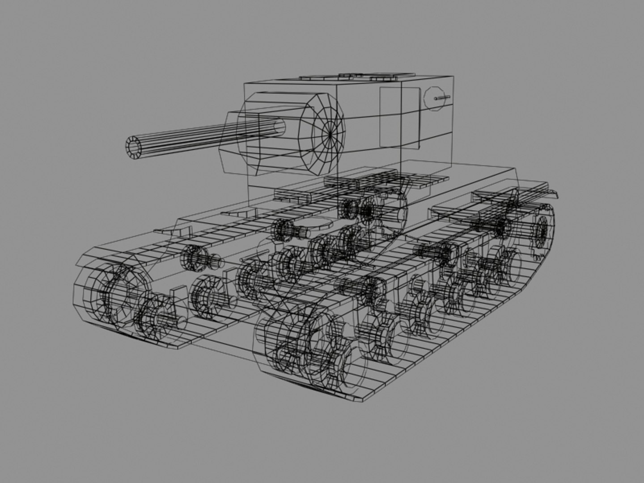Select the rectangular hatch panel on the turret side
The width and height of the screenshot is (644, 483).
(399, 117)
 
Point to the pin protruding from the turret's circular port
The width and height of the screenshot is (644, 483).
(443, 97)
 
